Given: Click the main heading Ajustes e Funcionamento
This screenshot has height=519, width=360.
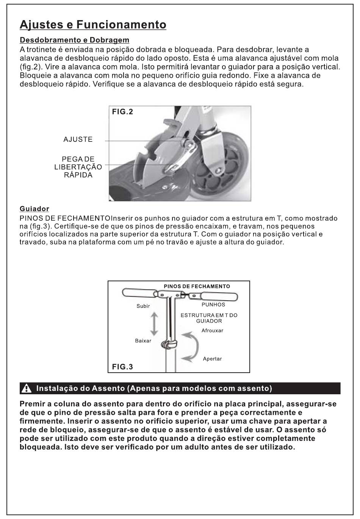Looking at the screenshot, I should tap(93, 25).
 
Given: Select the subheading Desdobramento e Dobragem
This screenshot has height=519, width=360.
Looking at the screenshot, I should tap(74, 40).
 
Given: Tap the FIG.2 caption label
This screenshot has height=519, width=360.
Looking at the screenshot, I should tap(122, 112).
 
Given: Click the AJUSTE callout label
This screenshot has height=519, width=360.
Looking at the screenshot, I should tap(78, 140).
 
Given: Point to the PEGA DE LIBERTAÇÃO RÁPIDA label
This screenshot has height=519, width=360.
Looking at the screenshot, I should tap(78, 167).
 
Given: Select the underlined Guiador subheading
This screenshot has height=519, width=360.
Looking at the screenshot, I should tap(34, 209).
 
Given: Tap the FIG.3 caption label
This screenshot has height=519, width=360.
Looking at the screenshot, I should tap(122, 367).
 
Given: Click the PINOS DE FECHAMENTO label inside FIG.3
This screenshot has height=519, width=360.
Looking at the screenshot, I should tap(197, 286).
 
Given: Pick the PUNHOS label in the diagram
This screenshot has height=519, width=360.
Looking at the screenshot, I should tap(213, 304).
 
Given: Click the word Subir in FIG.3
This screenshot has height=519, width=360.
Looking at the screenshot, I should tap(143, 306).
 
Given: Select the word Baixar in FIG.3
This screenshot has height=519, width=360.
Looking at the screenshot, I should tap(143, 341).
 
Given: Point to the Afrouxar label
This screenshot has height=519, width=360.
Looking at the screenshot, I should tap(212, 331).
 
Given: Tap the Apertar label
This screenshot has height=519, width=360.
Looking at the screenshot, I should tap(212, 359).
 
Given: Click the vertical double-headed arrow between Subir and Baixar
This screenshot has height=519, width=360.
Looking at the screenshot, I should tap(154, 323).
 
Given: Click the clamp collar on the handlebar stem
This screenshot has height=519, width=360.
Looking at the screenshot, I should tap(169, 345).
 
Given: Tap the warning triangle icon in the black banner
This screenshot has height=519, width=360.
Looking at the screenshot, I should tap(27, 389).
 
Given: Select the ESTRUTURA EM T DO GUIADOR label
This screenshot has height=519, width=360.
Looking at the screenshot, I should tap(209, 318).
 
